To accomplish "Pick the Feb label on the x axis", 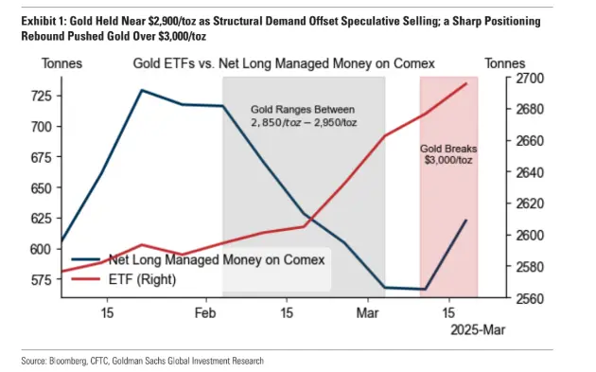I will [x=206, y=313].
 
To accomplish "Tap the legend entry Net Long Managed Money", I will [x=216, y=259].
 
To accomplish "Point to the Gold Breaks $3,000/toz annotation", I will [x=448, y=153].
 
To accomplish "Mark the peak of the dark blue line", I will [x=141, y=90].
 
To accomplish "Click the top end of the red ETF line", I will [x=466, y=83].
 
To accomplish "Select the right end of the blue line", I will [x=466, y=220].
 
